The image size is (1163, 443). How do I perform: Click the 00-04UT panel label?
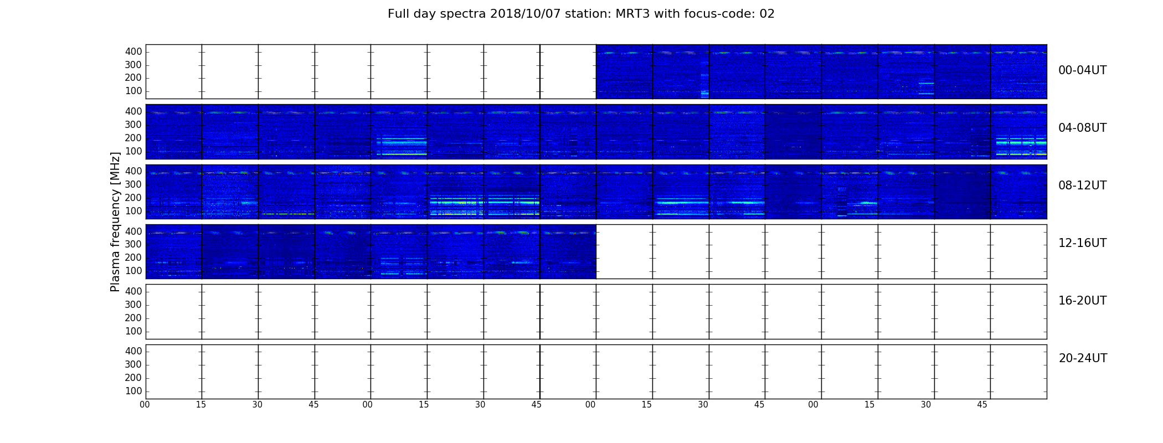point(1082,70)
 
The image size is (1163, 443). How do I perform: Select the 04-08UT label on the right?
point(1082,128)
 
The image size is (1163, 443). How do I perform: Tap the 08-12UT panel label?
point(1082,186)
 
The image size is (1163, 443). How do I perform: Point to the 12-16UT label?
point(1082,243)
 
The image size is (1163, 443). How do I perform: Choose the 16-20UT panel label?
point(1082,301)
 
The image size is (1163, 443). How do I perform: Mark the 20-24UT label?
point(1083,358)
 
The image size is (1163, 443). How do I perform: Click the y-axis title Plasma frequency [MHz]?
point(115,221)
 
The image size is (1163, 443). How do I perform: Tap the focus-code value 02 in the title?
point(767,14)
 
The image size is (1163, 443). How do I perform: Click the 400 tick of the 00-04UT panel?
point(133,51)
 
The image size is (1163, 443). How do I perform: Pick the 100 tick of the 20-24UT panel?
point(133,391)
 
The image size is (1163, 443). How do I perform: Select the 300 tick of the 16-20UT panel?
point(133,305)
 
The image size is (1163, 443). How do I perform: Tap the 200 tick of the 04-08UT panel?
point(133,138)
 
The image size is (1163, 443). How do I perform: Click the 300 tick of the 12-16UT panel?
point(133,244)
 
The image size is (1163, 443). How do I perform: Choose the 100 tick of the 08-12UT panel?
point(133,211)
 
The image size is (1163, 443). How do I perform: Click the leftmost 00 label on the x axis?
point(145,405)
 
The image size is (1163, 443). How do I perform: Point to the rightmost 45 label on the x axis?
point(982,405)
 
